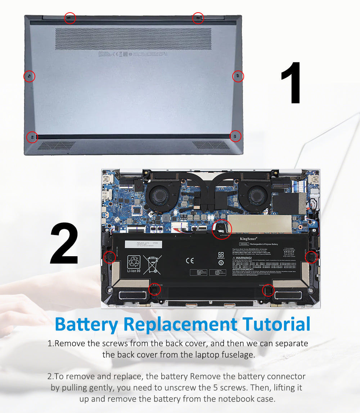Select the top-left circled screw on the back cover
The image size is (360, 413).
pos(70,18)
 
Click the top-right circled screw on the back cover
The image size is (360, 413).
pos(198,18)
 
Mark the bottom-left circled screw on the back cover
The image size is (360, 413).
pos(32,137)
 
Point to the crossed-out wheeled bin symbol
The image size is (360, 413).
pos(152,265)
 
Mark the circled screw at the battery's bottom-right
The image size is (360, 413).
pos(268,290)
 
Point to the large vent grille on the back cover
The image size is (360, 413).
pos(133,39)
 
